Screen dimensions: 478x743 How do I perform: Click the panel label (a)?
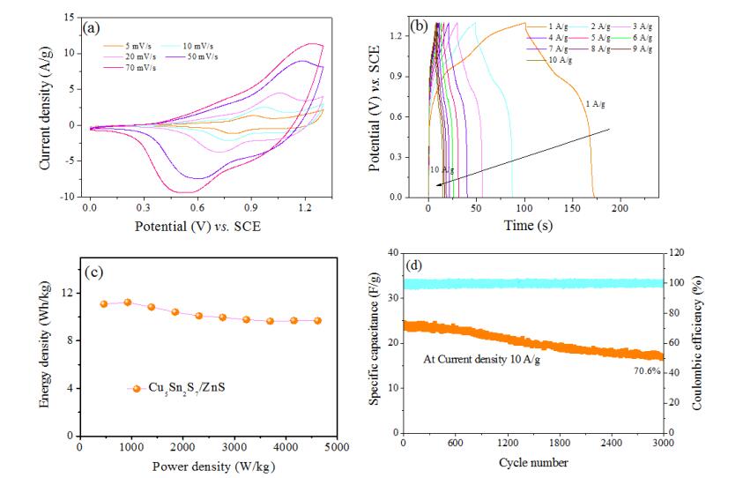[x=90, y=28]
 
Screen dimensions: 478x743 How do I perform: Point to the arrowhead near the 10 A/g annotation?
[x=438, y=185]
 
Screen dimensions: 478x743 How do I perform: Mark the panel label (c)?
[x=94, y=271]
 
